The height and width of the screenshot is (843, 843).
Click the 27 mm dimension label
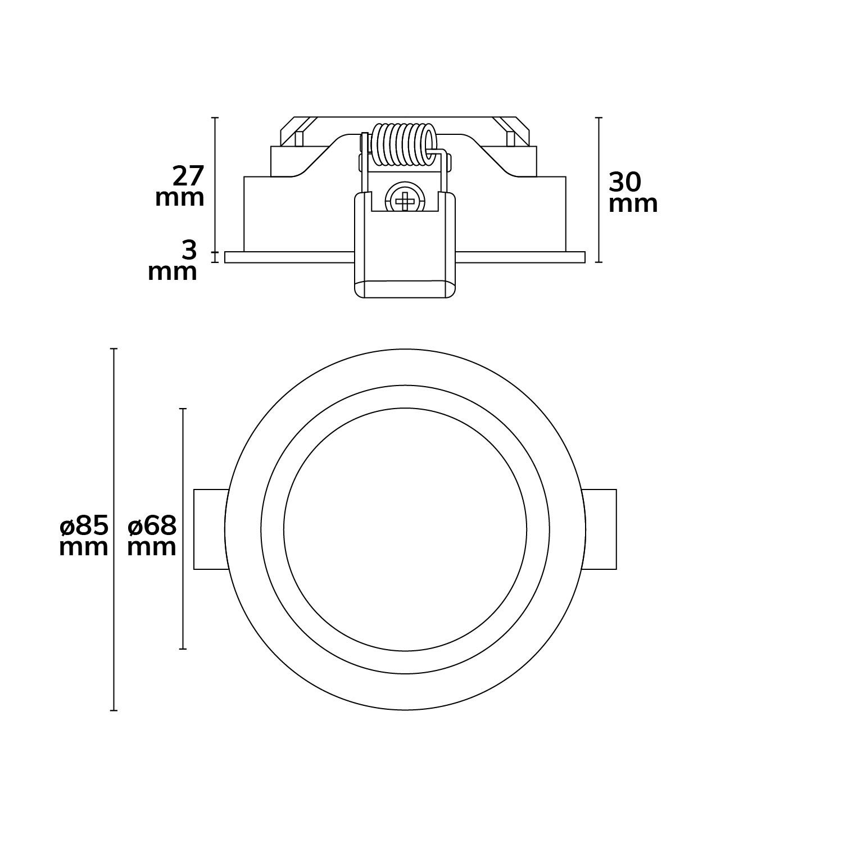pyautogui.click(x=180, y=187)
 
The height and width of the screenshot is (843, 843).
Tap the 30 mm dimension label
pyautogui.click(x=633, y=192)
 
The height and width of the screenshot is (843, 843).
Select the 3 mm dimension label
pyautogui.click(x=173, y=261)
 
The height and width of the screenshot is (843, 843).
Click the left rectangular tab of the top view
pyautogui.click(x=211, y=529)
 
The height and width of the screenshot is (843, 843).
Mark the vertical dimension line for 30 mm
pyautogui.click(x=599, y=190)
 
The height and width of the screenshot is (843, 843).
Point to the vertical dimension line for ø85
pyautogui.click(x=114, y=530)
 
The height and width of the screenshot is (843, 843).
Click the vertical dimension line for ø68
pyautogui.click(x=182, y=529)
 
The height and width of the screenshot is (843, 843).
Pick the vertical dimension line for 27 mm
pyautogui.click(x=214, y=184)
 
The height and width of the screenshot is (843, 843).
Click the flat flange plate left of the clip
pyautogui.click(x=289, y=257)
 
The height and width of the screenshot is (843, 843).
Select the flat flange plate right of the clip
pyautogui.click(x=520, y=257)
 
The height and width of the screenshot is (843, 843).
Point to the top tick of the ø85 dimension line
pyautogui.click(x=114, y=349)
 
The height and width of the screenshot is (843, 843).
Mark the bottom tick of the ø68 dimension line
pyautogui.click(x=182, y=650)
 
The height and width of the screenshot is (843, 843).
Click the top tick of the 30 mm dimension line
pyautogui.click(x=599, y=117)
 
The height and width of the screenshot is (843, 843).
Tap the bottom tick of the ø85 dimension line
pyautogui.click(x=114, y=711)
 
